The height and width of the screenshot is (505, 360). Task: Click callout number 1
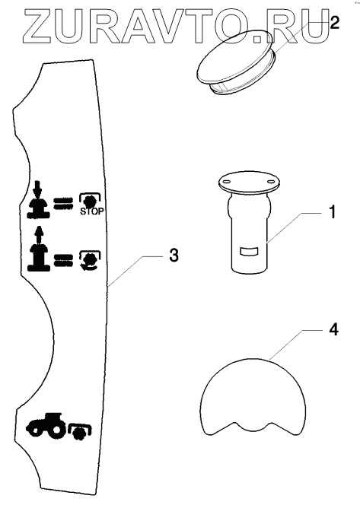[333, 212]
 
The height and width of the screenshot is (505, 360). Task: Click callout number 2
[335, 24]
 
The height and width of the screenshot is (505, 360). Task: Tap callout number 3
[174, 256]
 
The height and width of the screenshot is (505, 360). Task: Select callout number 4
[334, 330]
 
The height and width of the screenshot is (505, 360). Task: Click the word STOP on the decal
[92, 211]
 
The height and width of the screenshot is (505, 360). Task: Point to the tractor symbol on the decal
[47, 425]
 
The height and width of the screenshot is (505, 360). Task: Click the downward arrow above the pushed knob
[38, 189]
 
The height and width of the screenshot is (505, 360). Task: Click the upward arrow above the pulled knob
[40, 235]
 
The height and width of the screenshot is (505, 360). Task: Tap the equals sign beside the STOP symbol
[63, 204]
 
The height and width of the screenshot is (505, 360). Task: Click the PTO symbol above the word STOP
[91, 201]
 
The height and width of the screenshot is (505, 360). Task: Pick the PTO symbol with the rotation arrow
[91, 260]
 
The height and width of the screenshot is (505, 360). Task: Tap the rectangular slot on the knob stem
[250, 252]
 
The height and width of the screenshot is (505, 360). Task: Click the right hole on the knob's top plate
[270, 181]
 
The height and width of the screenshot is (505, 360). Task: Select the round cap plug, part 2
[236, 62]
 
